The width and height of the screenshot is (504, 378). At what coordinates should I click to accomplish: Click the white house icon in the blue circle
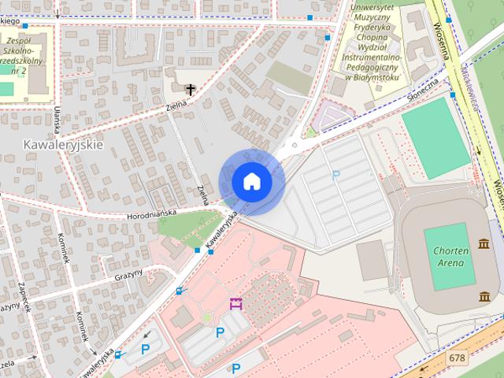(x=251, y=182)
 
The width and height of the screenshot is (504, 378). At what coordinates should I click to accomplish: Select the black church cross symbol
(x=189, y=90)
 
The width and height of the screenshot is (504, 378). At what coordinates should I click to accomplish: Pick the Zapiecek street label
(x=24, y=296)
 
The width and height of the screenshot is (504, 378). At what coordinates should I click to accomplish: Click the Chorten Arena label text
(x=451, y=256)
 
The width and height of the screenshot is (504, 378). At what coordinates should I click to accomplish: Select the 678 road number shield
(x=457, y=358)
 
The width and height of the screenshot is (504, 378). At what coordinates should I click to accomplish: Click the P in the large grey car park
(x=336, y=176)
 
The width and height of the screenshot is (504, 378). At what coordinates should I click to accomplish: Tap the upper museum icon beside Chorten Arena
(x=484, y=246)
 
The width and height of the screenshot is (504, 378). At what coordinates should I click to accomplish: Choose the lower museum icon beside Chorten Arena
(x=484, y=296)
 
